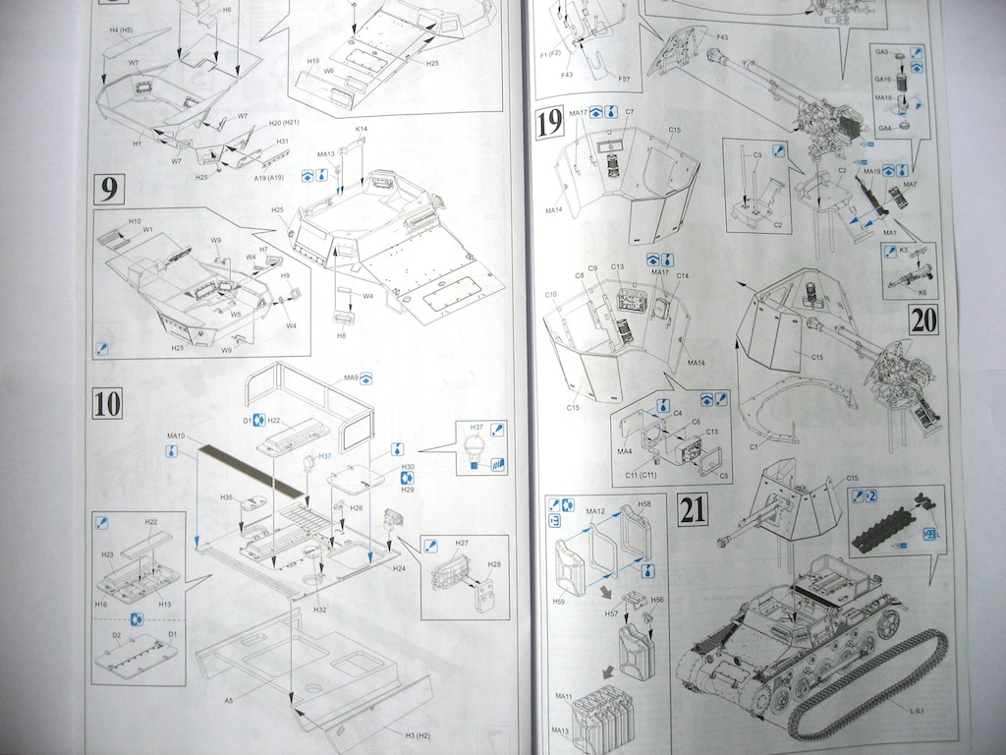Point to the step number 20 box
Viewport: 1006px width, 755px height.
point(923,319)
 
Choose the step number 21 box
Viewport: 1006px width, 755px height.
point(693,509)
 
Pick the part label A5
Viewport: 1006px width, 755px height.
point(229,700)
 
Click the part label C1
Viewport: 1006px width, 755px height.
point(754,447)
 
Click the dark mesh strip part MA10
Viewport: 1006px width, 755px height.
point(251,469)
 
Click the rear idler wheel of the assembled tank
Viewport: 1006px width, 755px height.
point(889,621)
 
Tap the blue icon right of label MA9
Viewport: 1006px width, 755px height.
point(366,377)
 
